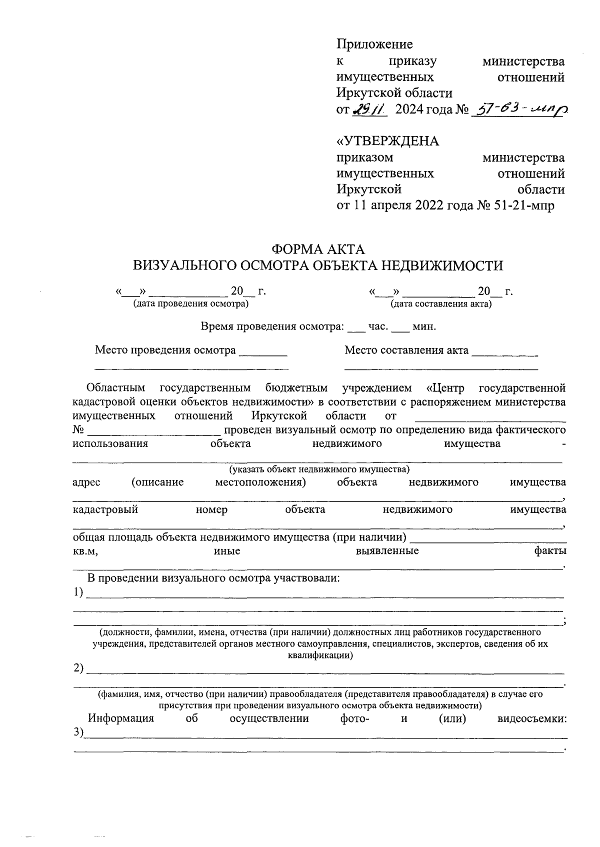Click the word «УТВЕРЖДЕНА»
[x=387, y=141]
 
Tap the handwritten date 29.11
[x=369, y=109]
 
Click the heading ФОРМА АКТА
[x=318, y=248]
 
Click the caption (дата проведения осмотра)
[x=190, y=303]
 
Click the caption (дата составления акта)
[x=441, y=303]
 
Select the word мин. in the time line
[x=424, y=327]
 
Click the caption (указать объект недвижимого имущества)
[x=319, y=469]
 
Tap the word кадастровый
[x=105, y=509]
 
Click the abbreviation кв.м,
[x=85, y=551]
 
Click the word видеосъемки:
[x=532, y=718]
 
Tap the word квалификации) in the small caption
[x=320, y=655]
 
